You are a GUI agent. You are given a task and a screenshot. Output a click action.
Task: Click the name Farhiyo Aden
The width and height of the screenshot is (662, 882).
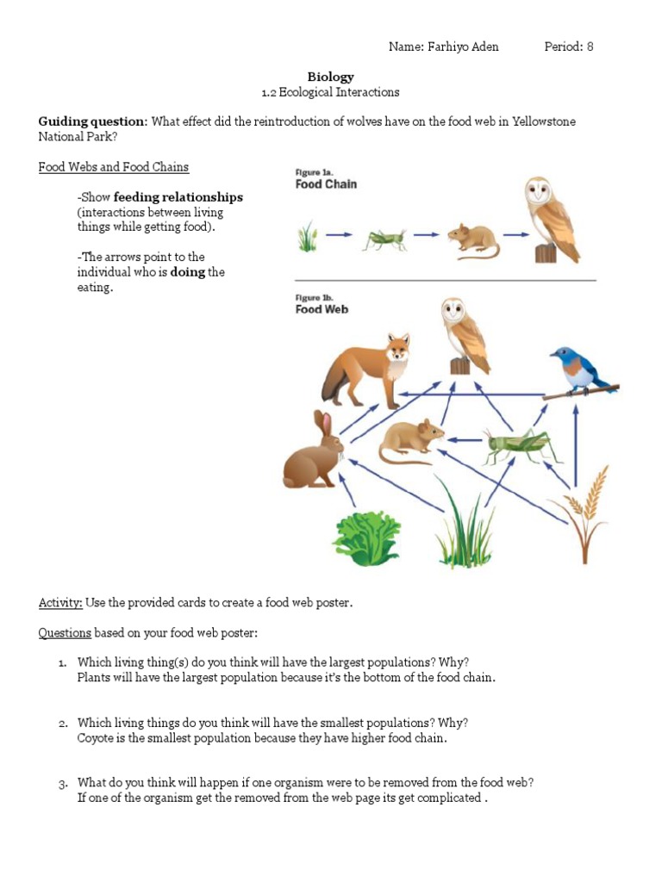tap(462, 47)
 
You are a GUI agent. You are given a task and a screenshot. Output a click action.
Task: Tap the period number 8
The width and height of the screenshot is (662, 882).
tap(590, 47)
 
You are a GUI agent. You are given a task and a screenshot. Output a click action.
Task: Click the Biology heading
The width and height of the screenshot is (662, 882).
tap(331, 77)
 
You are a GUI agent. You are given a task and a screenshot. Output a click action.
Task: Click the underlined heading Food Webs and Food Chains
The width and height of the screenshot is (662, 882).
tap(114, 167)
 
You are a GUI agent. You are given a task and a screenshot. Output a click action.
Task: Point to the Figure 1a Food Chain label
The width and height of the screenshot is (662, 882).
tap(326, 179)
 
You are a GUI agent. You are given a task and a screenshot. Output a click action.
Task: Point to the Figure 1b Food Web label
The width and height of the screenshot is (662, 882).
tap(322, 305)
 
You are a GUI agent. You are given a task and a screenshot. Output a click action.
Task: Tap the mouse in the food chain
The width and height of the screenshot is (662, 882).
tap(472, 240)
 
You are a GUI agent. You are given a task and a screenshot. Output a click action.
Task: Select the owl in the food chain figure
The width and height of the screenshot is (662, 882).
tap(552, 219)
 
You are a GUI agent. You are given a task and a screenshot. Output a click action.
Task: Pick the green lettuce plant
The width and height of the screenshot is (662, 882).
tap(366, 536)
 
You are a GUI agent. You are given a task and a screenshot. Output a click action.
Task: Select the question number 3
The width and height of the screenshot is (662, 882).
tap(63, 783)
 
